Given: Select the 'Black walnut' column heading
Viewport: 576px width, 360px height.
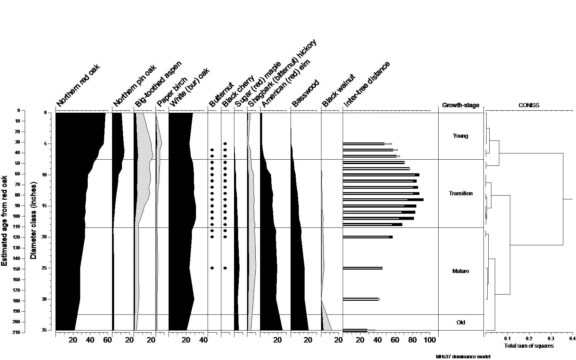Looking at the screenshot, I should tap(339, 91).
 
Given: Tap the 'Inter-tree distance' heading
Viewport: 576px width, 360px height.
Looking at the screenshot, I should tap(367, 84).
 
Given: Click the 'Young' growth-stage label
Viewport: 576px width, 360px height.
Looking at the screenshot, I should tap(460, 136).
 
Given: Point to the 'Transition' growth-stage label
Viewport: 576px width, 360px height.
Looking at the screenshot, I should tap(461, 194).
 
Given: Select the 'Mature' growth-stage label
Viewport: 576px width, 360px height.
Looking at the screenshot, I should tap(461, 271).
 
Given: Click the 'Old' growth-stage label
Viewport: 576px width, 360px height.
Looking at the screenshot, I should tap(461, 323).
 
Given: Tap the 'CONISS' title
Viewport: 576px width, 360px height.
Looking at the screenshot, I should tap(529, 105).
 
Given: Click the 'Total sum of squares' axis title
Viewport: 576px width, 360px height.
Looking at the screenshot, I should tap(529, 346).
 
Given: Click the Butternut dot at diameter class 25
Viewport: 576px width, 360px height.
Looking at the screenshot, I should tap(212, 268).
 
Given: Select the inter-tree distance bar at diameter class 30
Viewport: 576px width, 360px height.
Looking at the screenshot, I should tap(361, 299).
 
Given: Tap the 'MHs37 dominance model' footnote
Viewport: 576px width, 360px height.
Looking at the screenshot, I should tap(463, 357).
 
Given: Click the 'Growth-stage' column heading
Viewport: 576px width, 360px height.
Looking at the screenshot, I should tap(461, 105).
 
